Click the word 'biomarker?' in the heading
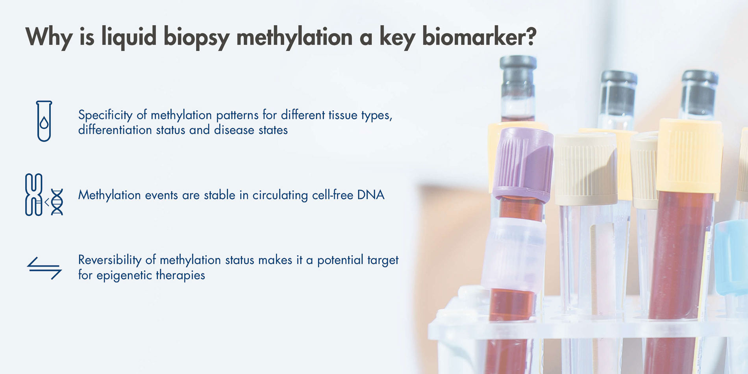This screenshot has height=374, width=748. coord(479,37)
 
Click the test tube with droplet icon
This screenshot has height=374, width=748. coord(44,121)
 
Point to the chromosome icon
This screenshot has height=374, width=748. coord(34,194)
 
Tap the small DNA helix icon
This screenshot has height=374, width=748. coord(57,202)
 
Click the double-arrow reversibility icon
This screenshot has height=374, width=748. coord(44,268)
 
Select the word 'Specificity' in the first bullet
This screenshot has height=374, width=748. coord(105,115)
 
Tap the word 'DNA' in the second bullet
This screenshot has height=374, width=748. coord(370,195)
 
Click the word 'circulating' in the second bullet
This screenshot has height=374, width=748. coord(280,195)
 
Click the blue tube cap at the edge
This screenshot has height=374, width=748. coord(732,257)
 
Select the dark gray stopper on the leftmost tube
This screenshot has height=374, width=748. coord(518,76)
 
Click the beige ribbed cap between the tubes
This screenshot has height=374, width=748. coord(586,169)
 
